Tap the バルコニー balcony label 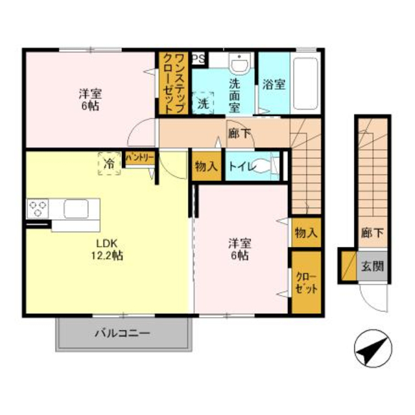click(x=123, y=333)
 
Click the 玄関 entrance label click(x=373, y=266)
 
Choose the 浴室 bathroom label click(x=274, y=84)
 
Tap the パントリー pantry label click(x=139, y=158)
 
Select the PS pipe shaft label click(x=198, y=58)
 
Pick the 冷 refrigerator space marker click(x=109, y=164)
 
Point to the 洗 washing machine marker click(x=203, y=103)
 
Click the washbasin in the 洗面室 click(x=240, y=64)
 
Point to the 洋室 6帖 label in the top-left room click(x=90, y=99)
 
